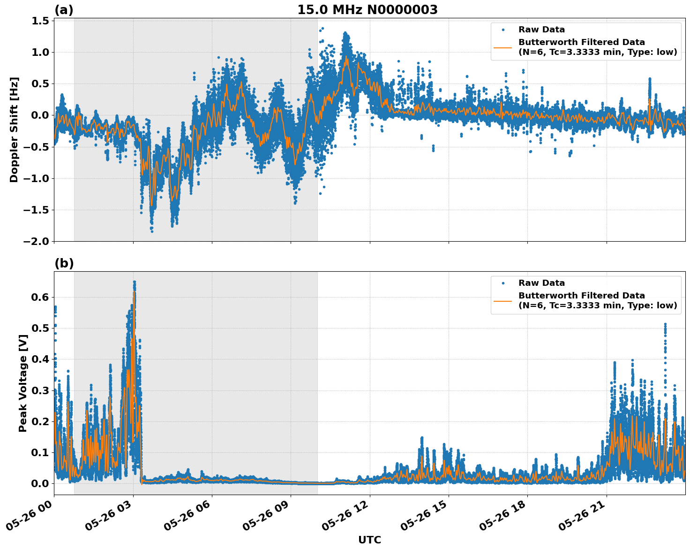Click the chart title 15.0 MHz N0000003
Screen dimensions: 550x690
coord(367,10)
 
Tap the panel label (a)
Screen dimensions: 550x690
coord(64,10)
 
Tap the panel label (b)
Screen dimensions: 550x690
coord(64,263)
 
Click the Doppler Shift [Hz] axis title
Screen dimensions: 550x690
coord(14,130)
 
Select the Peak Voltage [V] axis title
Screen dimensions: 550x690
coord(22,383)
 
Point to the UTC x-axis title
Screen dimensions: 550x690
coord(369,540)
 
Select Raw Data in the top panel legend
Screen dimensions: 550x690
coord(541,30)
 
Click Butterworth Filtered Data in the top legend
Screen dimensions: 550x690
coord(581,42)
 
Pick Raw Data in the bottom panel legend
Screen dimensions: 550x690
coord(541,283)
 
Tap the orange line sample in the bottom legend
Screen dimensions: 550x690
coord(503,300)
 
